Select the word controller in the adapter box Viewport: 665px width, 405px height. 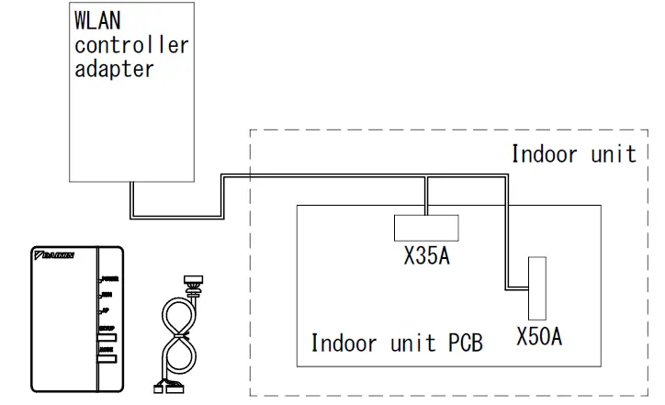[131, 45]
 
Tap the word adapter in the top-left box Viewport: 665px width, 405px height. [114, 69]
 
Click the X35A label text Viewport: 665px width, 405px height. [426, 256]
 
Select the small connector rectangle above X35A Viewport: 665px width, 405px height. [426, 227]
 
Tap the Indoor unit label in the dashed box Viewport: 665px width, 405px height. [573, 153]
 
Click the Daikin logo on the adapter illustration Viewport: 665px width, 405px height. [53, 253]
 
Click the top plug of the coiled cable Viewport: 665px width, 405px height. [193, 281]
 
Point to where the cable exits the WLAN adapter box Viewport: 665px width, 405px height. [134, 182]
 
